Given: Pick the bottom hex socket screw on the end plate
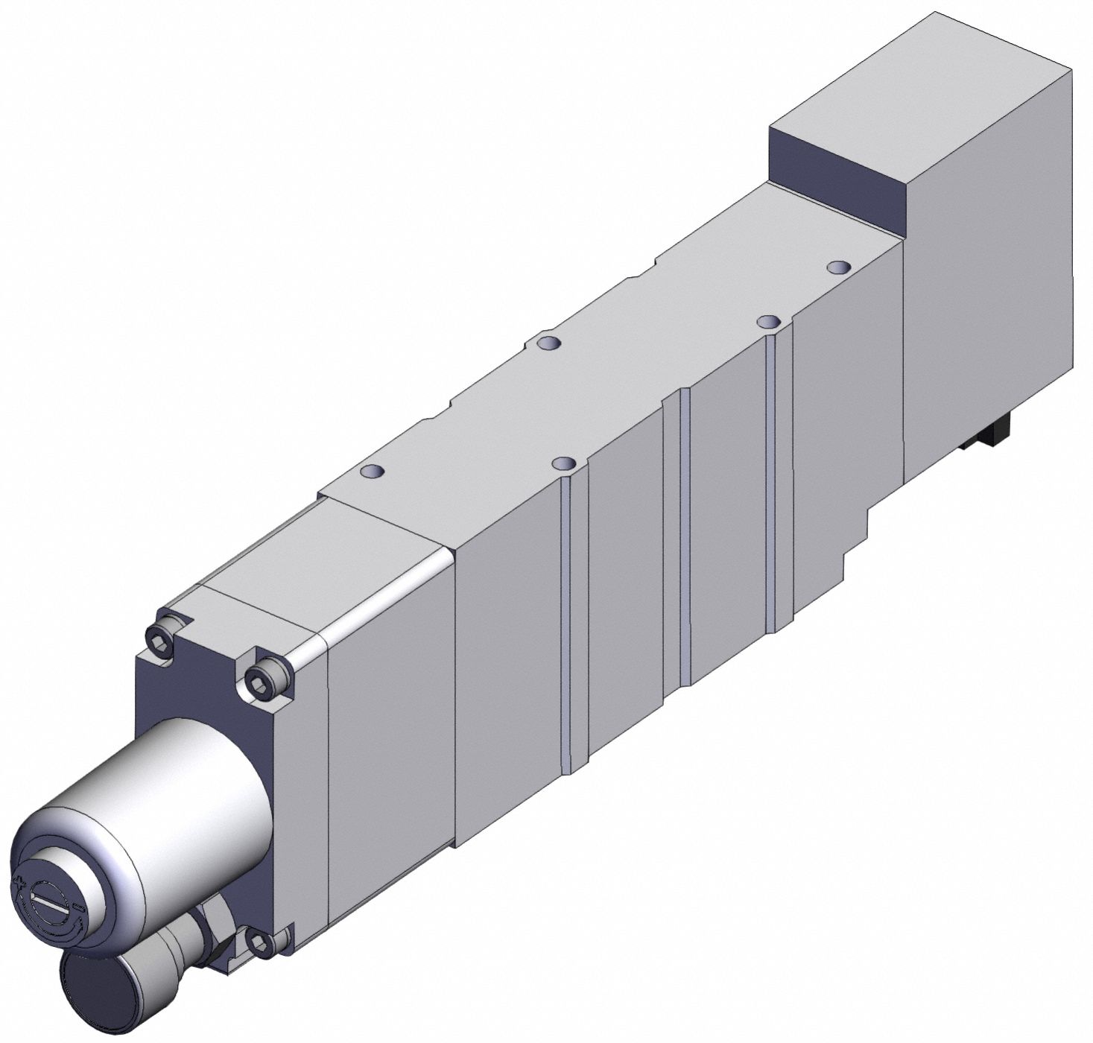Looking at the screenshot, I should [264, 943].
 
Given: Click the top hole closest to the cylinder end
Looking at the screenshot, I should [372, 472].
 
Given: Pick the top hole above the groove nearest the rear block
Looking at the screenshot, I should [768, 322].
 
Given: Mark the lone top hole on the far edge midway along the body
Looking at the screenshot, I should [550, 343].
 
